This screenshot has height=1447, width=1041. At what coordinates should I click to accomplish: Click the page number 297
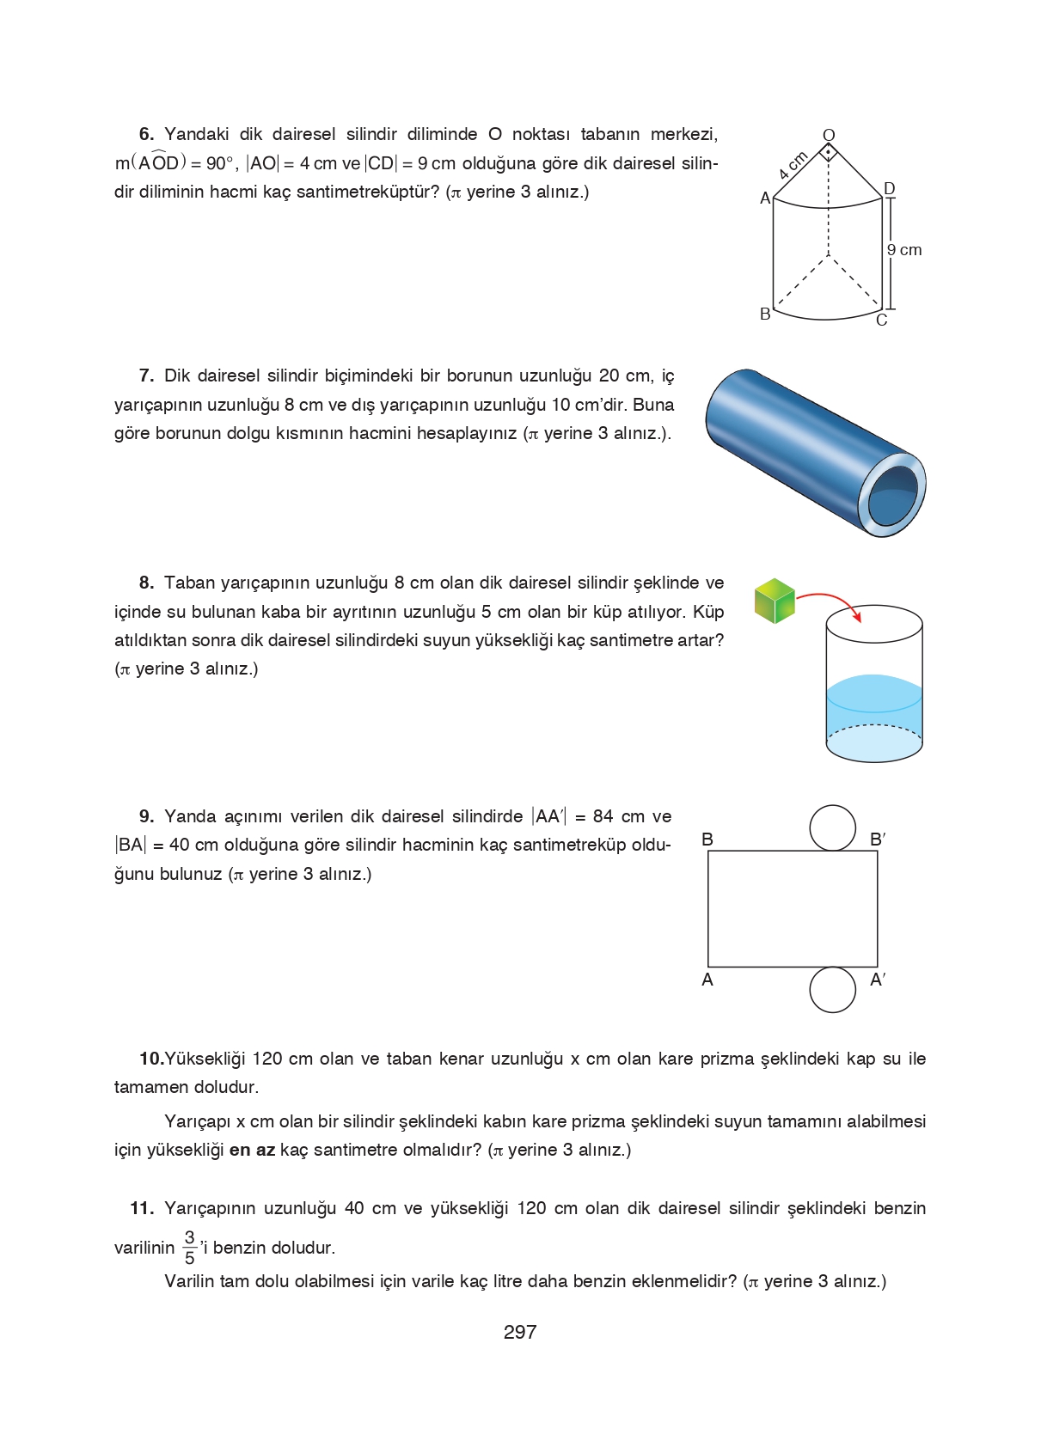pyautogui.click(x=519, y=1332)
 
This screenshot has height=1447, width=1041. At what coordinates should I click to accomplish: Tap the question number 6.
pyautogui.click(x=146, y=134)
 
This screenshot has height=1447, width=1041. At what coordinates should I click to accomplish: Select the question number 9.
pyautogui.click(x=146, y=816)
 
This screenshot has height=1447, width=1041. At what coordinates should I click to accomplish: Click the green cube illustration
pyautogui.click(x=775, y=601)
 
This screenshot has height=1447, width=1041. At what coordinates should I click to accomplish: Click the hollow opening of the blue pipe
pyautogui.click(x=892, y=497)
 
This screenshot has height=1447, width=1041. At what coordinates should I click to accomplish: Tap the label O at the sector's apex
pyautogui.click(x=829, y=135)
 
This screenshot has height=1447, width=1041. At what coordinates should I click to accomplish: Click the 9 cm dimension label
pyautogui.click(x=904, y=250)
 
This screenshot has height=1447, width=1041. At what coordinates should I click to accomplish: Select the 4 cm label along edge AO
pyautogui.click(x=793, y=165)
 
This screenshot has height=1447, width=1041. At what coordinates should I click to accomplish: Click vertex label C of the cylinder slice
pyautogui.click(x=881, y=321)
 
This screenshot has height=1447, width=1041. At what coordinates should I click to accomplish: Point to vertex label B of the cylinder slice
pyautogui.click(x=765, y=314)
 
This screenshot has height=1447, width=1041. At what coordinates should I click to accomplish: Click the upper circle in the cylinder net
pyautogui.click(x=832, y=827)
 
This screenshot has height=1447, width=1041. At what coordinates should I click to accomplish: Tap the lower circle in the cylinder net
pyautogui.click(x=832, y=989)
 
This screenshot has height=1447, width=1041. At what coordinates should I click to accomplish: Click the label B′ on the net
pyautogui.click(x=878, y=840)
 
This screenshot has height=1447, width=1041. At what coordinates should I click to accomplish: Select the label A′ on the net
pyautogui.click(x=878, y=980)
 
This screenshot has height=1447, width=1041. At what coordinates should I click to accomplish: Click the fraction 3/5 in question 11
pyautogui.click(x=190, y=1248)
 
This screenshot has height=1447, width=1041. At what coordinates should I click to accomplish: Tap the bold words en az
pyautogui.click(x=252, y=1151)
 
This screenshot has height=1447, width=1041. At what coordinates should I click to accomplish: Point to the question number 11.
pyautogui.click(x=141, y=1209)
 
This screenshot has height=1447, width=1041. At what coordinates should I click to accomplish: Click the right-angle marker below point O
pyautogui.click(x=828, y=153)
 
